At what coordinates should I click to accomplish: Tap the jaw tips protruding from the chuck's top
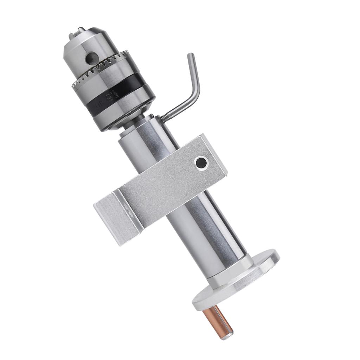pyautogui.click(x=76, y=36)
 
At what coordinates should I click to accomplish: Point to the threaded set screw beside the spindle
pyautogui.click(x=166, y=118)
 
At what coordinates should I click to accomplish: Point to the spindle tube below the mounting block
pyautogui.click(x=207, y=232)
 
